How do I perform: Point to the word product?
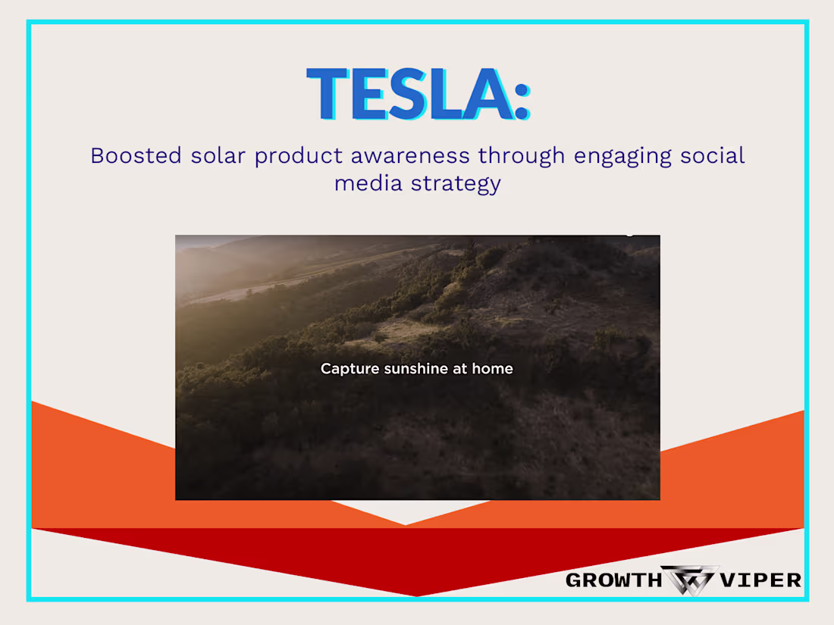pos(300,156)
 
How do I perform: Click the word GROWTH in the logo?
pos(613,580)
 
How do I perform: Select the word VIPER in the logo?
pos(761,580)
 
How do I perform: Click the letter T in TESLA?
pos(330,94)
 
